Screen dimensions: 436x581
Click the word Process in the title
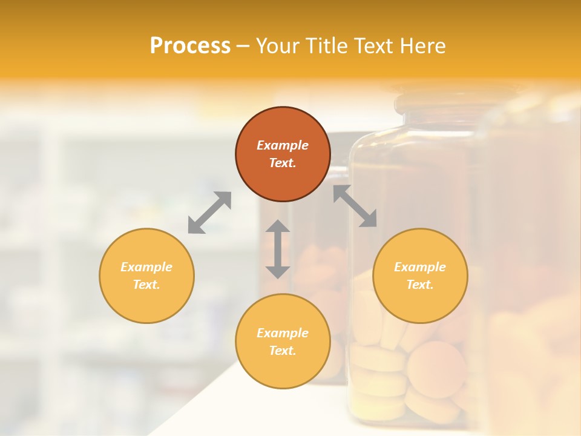[x=190, y=46]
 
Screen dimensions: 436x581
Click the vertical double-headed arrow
[x=278, y=249]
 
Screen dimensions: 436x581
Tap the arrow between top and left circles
[x=209, y=213]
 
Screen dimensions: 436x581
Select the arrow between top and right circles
[x=355, y=206]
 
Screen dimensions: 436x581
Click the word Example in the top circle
[x=283, y=145]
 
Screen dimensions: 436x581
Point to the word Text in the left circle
[x=146, y=285]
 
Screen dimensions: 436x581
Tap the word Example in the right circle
[x=420, y=267]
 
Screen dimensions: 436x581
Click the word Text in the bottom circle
[x=283, y=351]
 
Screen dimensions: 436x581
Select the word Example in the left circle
[x=146, y=267]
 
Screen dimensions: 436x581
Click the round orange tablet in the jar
[x=436, y=369]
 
